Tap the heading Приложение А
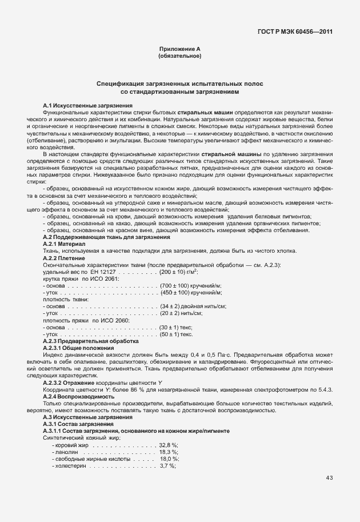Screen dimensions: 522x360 (x=179, y=50)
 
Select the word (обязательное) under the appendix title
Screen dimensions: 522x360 (x=179, y=57)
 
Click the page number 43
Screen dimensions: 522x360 (x=329, y=478)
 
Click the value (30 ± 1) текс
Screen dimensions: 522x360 (x=175, y=327)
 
